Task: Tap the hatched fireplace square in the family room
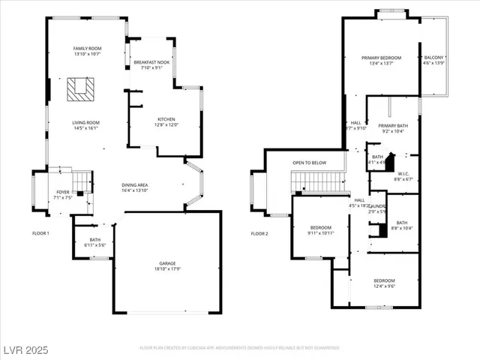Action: [79, 89]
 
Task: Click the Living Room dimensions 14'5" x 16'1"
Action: [85, 128]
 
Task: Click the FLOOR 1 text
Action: [40, 233]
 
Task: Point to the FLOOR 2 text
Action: [259, 233]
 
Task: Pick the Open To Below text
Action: [309, 163]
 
